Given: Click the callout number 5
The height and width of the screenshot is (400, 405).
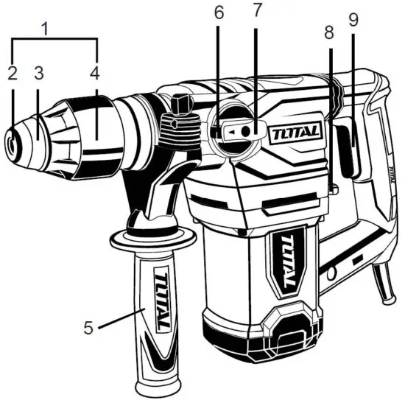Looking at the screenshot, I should (89, 326).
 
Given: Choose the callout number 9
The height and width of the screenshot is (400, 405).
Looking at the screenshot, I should (353, 21).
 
